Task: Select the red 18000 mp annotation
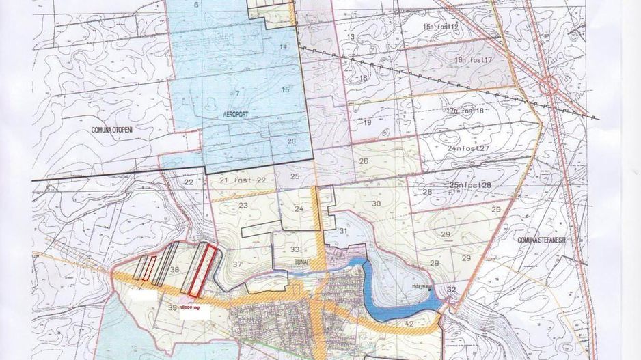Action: coord(191,308)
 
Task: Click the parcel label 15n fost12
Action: coord(441,26)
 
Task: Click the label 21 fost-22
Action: coord(237,180)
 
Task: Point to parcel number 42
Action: coord(409,323)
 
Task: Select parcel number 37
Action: coord(237,264)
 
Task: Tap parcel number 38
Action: coord(174,270)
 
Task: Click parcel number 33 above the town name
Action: coord(295,249)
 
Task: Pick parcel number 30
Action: coord(376,204)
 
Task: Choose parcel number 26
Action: coord(364,161)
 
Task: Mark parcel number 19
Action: coord(367,123)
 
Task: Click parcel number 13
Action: coord(351,37)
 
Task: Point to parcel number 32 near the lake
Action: coord(451,290)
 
